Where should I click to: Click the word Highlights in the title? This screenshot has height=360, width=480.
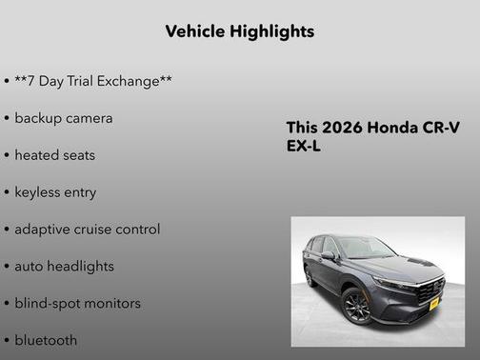(272, 31)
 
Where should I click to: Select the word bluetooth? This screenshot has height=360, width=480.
(46, 340)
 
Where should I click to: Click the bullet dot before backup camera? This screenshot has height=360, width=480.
(7, 119)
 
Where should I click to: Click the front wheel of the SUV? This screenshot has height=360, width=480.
(357, 306)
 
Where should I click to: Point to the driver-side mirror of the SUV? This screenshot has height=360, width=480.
(328, 256)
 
